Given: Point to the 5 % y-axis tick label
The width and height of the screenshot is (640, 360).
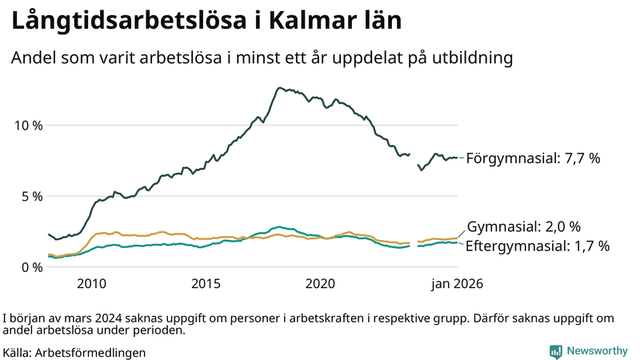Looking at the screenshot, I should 30,196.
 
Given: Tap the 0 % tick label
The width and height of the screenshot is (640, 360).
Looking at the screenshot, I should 30,267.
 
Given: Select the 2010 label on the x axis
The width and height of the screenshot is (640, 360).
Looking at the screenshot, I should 91,283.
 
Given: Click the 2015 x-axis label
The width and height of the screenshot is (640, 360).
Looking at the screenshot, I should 206,283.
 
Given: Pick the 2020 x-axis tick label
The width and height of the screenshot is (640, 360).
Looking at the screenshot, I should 320,283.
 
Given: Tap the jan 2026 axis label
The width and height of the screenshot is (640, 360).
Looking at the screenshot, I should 457,283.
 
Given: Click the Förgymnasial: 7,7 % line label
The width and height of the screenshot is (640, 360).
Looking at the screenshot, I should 533,158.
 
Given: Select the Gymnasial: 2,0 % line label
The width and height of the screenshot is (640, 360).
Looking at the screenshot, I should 523,226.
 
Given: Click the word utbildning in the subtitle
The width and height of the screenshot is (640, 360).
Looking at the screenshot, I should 471,58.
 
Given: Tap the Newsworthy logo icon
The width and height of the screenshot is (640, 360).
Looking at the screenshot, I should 555,351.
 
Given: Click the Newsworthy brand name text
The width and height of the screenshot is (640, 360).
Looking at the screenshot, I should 597,351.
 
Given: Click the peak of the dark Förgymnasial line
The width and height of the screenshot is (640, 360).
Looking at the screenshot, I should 279,88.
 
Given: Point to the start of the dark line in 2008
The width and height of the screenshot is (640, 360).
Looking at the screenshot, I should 50,234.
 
